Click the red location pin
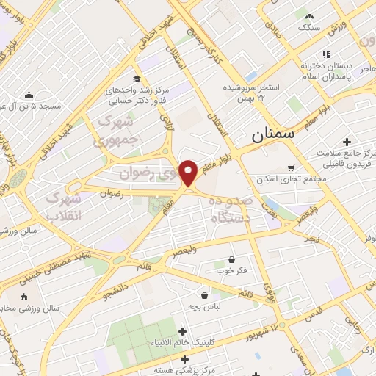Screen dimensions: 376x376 coord(189,173)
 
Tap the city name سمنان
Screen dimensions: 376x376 coord(272,135)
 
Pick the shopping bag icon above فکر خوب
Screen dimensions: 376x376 coord(232,259)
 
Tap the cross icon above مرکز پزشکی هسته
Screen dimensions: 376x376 coord(184,359)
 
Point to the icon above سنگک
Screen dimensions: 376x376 coord(309,16)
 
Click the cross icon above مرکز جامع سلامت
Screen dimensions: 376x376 coord(347,141)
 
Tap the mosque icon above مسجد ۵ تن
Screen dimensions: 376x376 coord(29,95)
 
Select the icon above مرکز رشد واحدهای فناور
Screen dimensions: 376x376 coord(137,79)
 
